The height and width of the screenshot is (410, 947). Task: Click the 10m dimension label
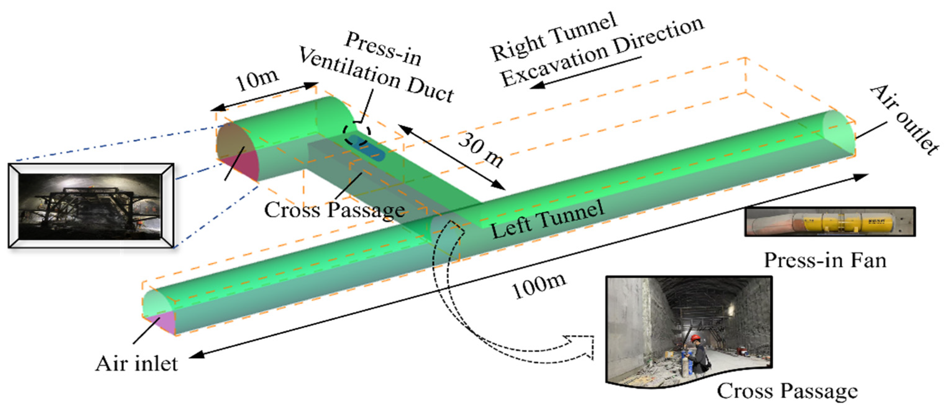point(257,79)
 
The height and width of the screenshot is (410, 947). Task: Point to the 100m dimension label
point(539,286)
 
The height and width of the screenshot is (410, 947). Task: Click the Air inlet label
point(136,364)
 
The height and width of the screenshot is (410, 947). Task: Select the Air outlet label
point(904,120)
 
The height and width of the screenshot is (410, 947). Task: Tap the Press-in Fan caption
point(825,260)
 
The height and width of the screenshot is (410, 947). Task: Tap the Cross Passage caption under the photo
point(787,390)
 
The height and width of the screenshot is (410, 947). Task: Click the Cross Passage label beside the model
point(334,210)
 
